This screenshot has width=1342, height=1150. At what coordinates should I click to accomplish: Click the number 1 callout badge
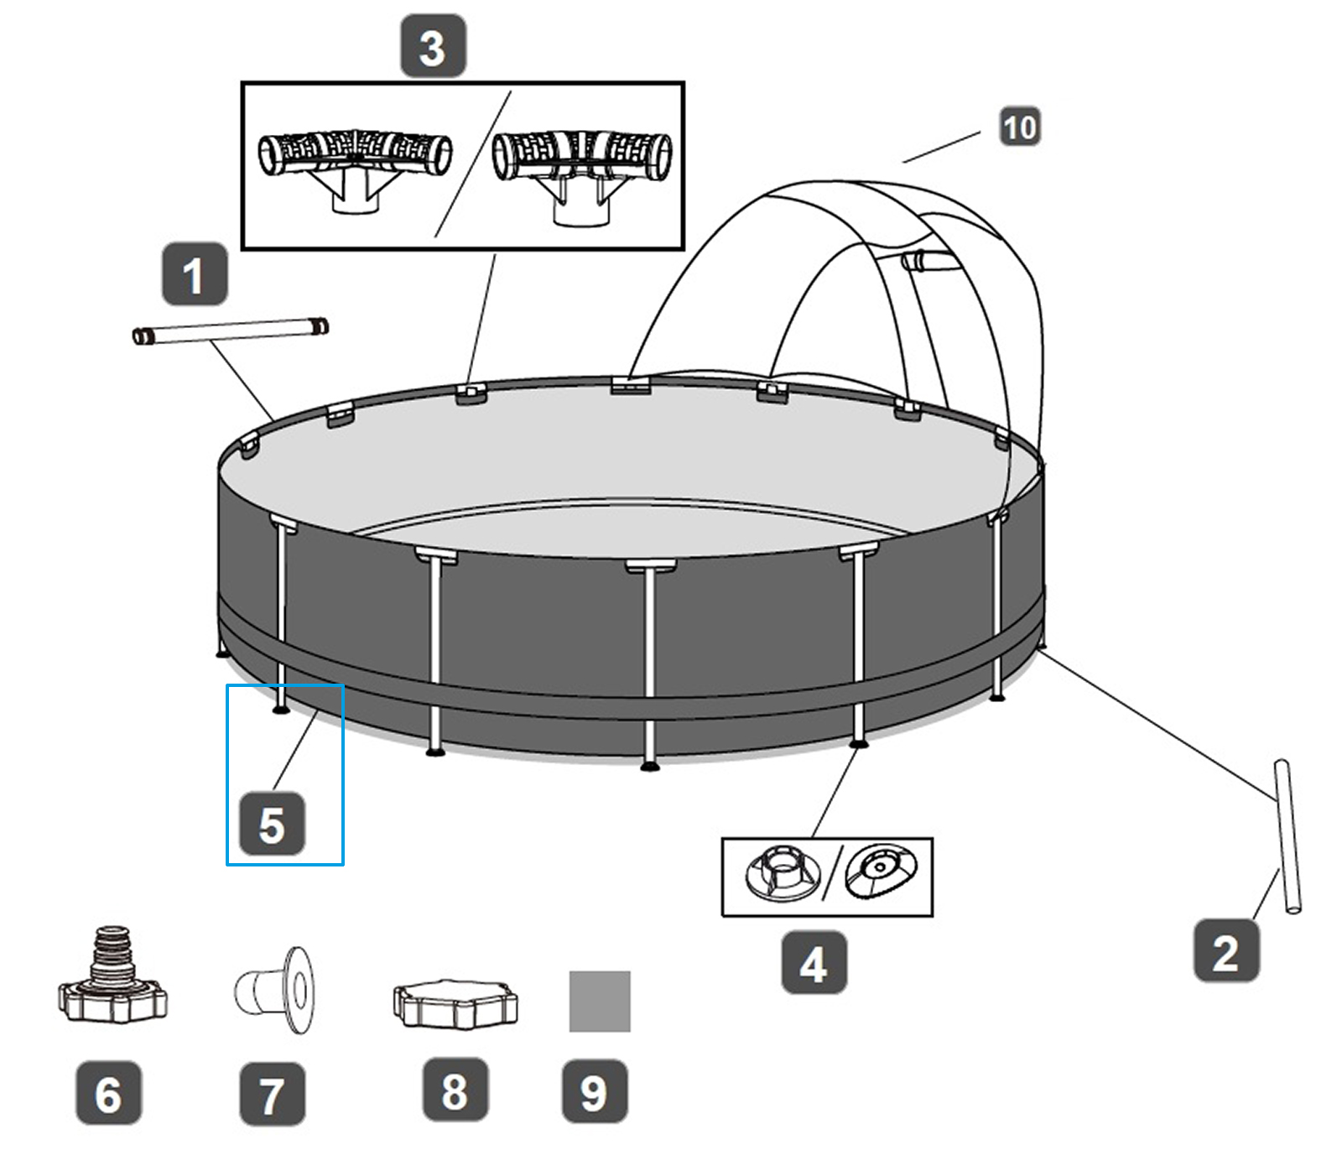pyautogui.click(x=195, y=274)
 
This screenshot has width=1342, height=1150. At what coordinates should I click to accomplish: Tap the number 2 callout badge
pyautogui.click(x=1226, y=951)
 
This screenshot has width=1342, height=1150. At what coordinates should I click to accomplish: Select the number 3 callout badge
pyautogui.click(x=433, y=46)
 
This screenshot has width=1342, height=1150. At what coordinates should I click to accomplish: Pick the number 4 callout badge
pyautogui.click(x=814, y=963)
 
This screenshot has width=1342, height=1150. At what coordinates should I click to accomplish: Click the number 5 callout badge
pyautogui.click(x=272, y=824)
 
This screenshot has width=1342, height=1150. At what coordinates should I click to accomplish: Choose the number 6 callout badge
pyautogui.click(x=109, y=1093)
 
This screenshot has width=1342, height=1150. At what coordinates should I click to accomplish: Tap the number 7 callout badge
pyautogui.click(x=272, y=1094)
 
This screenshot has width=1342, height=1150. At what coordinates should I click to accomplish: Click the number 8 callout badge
pyautogui.click(x=455, y=1090)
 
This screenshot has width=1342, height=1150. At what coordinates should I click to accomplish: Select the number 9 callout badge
pyautogui.click(x=594, y=1091)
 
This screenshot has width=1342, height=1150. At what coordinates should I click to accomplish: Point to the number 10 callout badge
pyautogui.click(x=1020, y=127)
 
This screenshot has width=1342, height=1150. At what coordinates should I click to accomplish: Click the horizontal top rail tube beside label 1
pyautogui.click(x=231, y=331)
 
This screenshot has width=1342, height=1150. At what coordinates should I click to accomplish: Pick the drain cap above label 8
pyautogui.click(x=455, y=1002)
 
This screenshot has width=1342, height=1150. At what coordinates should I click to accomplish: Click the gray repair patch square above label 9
pyautogui.click(x=600, y=1002)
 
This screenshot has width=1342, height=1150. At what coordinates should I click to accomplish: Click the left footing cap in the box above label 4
pyautogui.click(x=780, y=874)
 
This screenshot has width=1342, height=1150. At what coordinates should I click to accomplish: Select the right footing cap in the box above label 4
pyautogui.click(x=881, y=872)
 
